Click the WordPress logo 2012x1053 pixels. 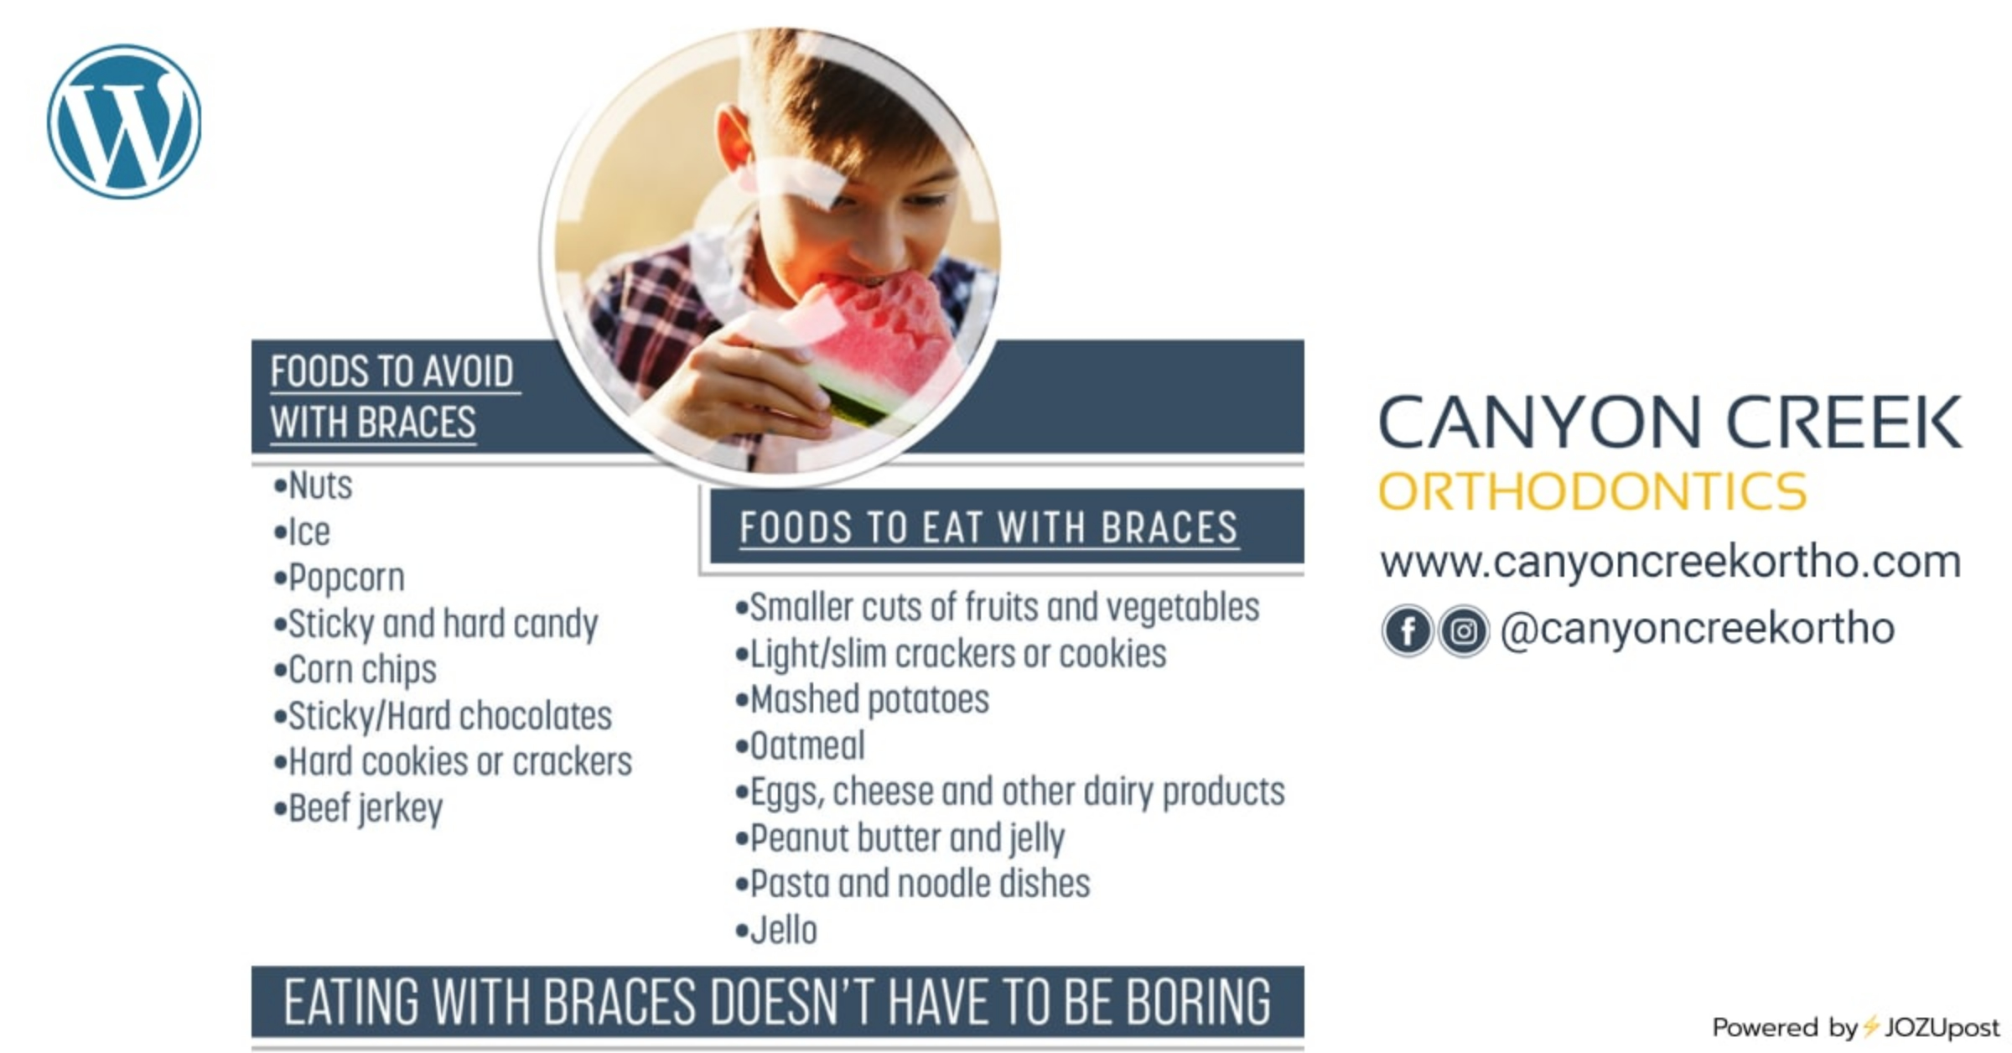[124, 122]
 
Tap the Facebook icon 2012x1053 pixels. [1408, 630]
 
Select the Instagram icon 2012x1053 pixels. [1464, 630]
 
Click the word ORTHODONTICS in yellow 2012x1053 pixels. [1592, 491]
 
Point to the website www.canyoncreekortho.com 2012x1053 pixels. [1670, 562]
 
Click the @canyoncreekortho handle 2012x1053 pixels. [1698, 629]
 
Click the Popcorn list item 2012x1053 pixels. [340, 578]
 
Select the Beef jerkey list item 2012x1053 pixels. [358, 808]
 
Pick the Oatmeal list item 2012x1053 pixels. [800, 745]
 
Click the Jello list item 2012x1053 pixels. [775, 930]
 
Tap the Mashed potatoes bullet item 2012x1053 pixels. [862, 699]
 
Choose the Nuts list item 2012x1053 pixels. [313, 485]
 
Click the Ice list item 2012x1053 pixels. [302, 532]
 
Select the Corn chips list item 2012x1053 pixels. [355, 670]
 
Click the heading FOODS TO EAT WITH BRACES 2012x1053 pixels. [988, 528]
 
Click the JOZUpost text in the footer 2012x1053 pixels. [1942, 1027]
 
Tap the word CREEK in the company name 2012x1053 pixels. [1843, 422]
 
